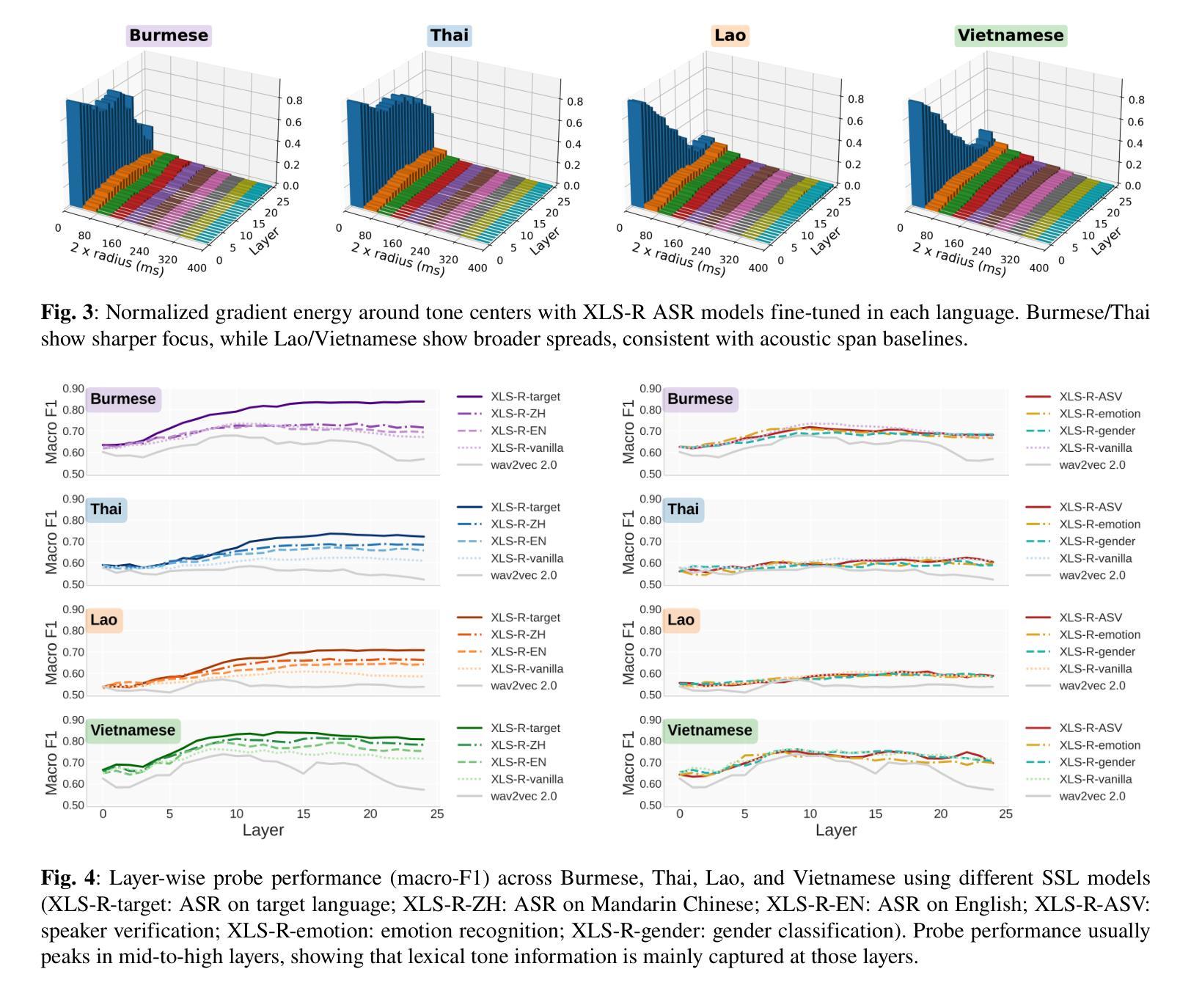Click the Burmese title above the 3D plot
click(x=169, y=35)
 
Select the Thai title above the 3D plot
click(x=449, y=35)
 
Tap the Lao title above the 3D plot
click(x=730, y=35)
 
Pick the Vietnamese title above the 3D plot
click(x=1010, y=35)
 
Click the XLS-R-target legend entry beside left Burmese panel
click(x=525, y=397)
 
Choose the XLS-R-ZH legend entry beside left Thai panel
click(x=518, y=524)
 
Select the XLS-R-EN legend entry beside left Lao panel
click(x=518, y=652)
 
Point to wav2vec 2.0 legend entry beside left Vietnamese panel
click(x=524, y=797)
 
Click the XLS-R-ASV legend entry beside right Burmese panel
click(x=1090, y=397)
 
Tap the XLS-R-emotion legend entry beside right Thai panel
click(x=1099, y=524)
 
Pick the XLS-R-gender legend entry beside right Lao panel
click(x=1096, y=652)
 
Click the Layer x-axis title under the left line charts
click(x=263, y=830)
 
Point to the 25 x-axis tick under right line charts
click(x=1006, y=813)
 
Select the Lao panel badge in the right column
click(x=681, y=620)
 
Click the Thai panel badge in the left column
click(x=106, y=509)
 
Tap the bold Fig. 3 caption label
click(x=67, y=313)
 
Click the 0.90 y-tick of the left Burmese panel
click(x=73, y=389)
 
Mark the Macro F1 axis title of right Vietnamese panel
click(x=629, y=763)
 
